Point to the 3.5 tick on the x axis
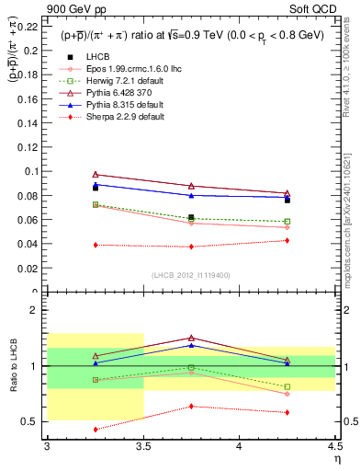click(x=143, y=447)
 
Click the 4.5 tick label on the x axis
click(x=333, y=447)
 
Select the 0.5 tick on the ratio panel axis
click(x=36, y=421)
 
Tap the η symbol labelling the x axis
click(x=336, y=459)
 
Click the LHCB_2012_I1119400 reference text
click(x=191, y=275)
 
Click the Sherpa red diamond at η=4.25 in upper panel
click(x=288, y=240)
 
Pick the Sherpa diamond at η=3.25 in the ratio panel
click(x=95, y=429)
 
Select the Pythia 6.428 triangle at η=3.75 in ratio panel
click(x=191, y=338)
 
